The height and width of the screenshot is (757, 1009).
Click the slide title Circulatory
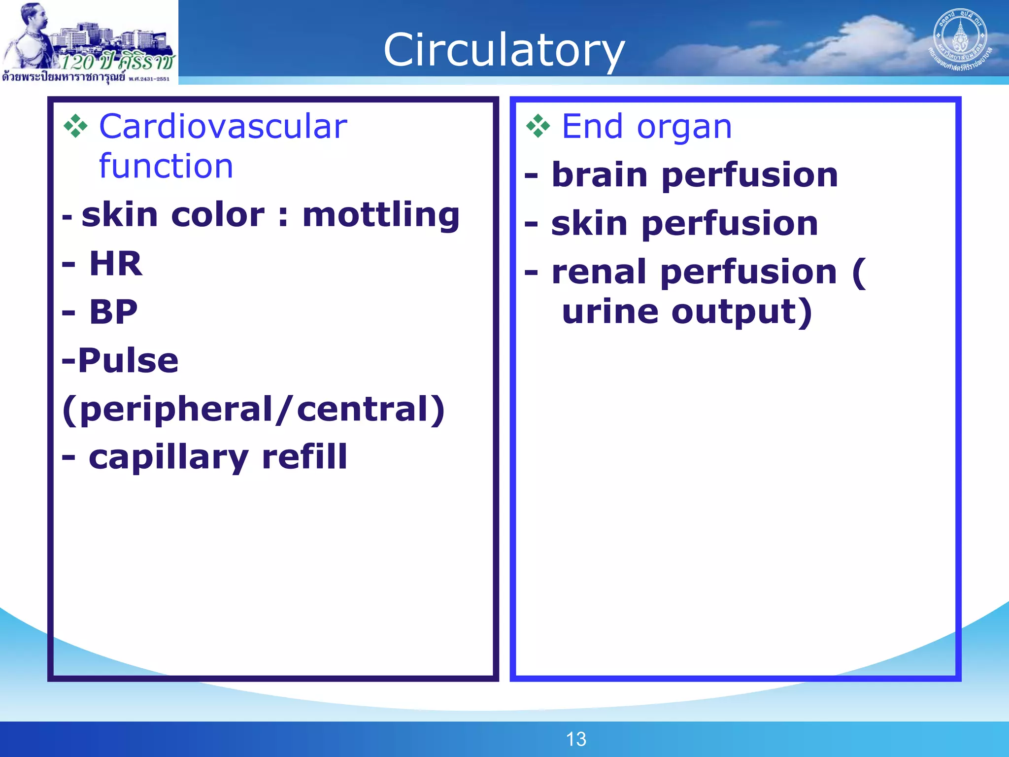click(504, 50)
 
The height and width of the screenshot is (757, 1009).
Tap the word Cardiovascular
click(223, 127)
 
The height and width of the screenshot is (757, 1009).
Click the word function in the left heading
click(166, 166)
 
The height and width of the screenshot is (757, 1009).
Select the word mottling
click(381, 215)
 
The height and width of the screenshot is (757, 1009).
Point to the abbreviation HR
click(116, 264)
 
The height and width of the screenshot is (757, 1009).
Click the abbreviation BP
click(113, 312)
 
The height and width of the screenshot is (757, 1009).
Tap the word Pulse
click(128, 360)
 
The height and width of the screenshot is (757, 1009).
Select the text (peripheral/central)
click(254, 409)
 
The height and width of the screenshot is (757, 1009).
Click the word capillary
click(168, 457)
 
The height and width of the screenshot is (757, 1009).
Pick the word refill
click(304, 456)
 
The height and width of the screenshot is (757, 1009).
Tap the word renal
click(599, 272)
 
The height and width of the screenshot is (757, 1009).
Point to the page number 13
click(576, 739)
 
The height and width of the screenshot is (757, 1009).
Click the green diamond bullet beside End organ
click(538, 126)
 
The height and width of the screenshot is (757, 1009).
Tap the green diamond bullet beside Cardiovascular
click(75, 126)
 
